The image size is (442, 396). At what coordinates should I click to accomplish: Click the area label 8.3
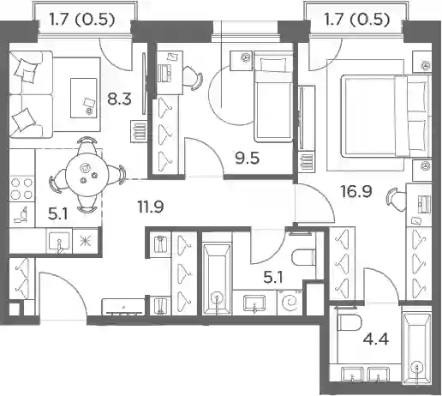click(x=119, y=99)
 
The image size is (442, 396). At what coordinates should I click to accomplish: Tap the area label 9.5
click(x=248, y=159)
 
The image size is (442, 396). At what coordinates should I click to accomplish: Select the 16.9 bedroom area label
click(x=356, y=191)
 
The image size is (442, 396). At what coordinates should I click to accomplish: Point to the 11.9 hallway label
click(x=151, y=207)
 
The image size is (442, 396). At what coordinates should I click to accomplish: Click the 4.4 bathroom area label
click(x=376, y=339)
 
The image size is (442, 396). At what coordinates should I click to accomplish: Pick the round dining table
click(x=87, y=175)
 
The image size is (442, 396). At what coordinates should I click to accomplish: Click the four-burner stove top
click(x=21, y=189)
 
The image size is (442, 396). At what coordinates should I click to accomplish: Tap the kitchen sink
click(x=59, y=242)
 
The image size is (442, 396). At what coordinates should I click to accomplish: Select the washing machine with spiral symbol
click(x=290, y=303)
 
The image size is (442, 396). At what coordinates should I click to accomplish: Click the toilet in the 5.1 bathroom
click(x=303, y=257)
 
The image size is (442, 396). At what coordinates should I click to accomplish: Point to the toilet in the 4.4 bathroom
click(x=349, y=323)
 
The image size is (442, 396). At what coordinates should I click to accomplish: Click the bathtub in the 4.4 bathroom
click(x=416, y=349)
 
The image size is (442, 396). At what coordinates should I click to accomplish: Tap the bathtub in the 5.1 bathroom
click(x=217, y=279)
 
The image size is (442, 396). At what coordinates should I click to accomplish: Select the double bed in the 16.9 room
click(x=386, y=116)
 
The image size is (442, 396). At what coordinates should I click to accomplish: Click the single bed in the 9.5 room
click(x=273, y=97)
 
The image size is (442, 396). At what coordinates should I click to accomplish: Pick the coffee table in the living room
click(x=84, y=98)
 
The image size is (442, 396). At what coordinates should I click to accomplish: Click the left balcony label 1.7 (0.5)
click(x=81, y=20)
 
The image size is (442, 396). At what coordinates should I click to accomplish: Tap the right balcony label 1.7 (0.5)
click(x=356, y=20)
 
